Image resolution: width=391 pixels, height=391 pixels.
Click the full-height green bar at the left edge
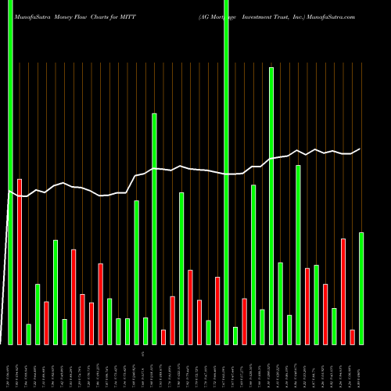pyautogui.click(x=10, y=172)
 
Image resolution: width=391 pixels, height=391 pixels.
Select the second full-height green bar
pyautogui.click(x=226, y=172)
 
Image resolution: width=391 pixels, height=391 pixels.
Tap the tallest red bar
pyautogui.click(x=20, y=262)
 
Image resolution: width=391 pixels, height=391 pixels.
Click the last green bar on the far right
pyautogui.click(x=361, y=288)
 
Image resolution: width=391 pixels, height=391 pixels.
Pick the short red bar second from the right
pyautogui.click(x=353, y=336)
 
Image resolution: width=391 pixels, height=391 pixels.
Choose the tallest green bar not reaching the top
pyautogui.click(x=271, y=206)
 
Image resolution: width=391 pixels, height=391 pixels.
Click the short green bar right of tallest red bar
pyautogui.click(x=29, y=334)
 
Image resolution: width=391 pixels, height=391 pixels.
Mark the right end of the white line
pyautogui.click(x=360, y=149)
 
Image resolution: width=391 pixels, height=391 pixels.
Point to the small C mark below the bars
pyautogui.click(x=143, y=354)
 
